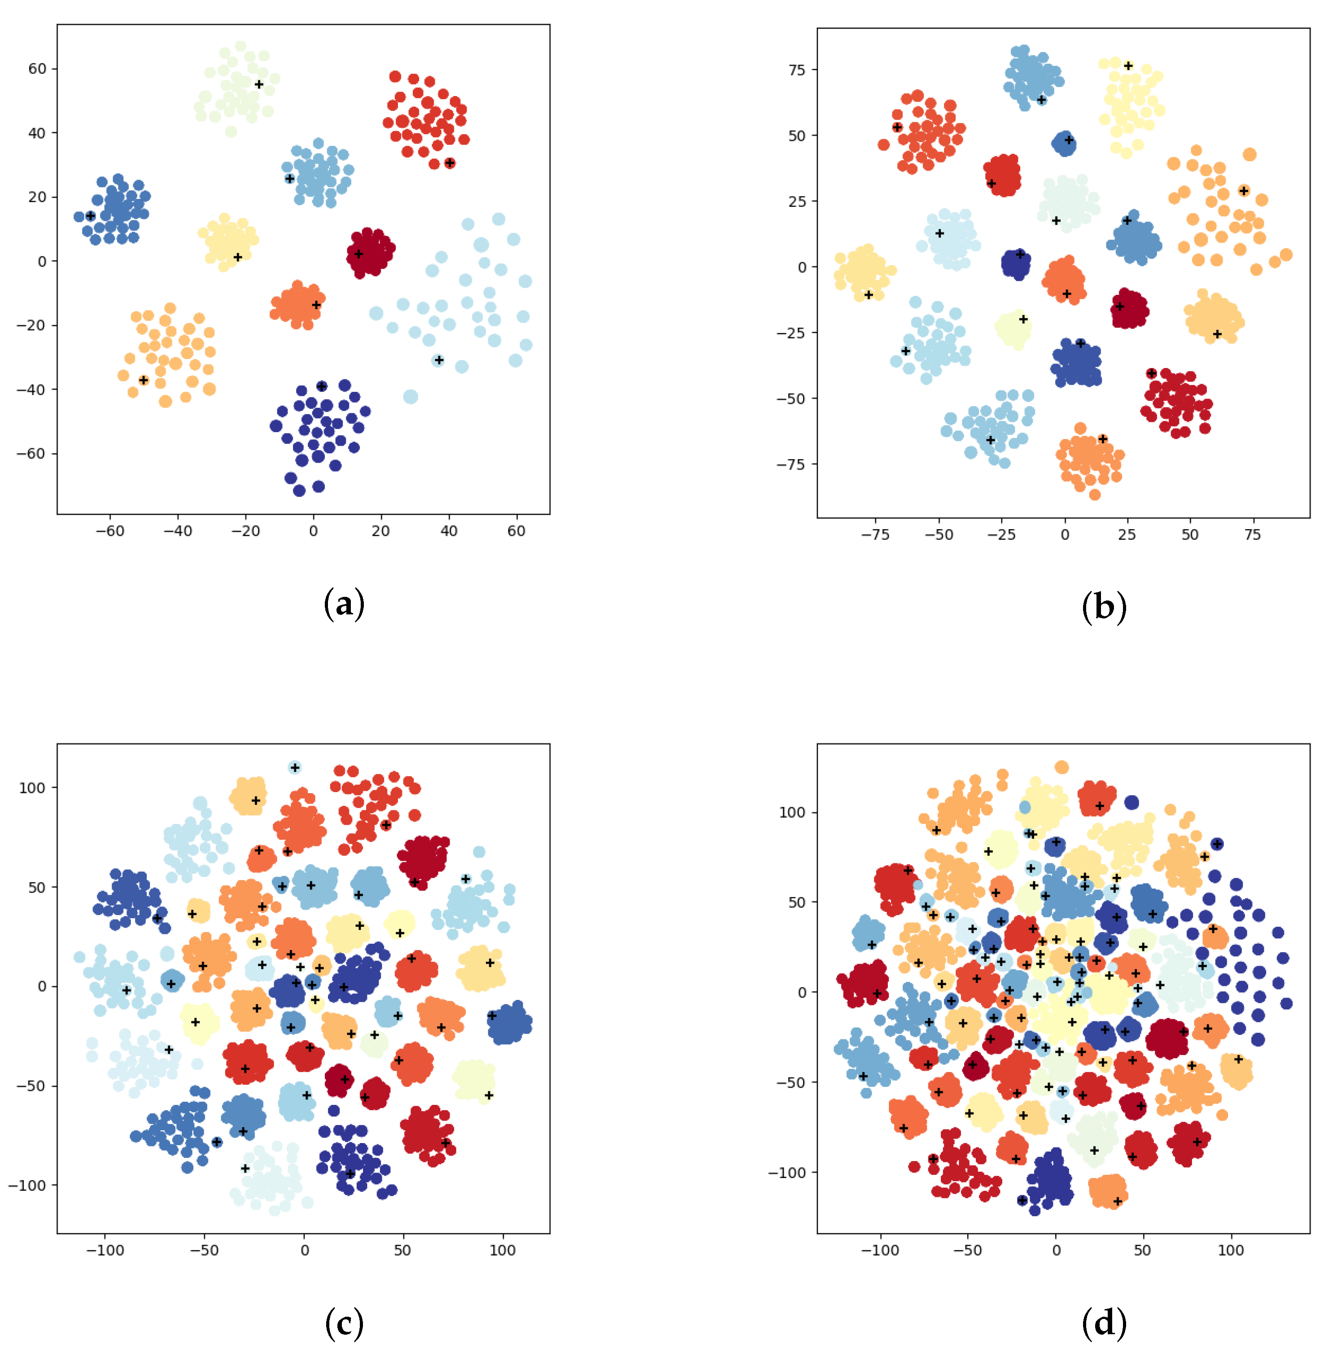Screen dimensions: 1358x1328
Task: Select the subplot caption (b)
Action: tap(1103, 606)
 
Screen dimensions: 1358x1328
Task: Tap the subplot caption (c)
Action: tap(344, 1323)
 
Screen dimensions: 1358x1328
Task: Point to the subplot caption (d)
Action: tap(1103, 1323)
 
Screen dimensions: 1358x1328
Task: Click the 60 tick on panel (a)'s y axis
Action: tap(38, 68)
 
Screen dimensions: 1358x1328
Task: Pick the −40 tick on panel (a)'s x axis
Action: tap(177, 531)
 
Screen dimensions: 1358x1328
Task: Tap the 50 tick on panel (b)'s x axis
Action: tap(1190, 534)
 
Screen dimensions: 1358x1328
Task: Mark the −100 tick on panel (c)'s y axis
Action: tap(28, 1185)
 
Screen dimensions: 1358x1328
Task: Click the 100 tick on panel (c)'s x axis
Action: tap(502, 1250)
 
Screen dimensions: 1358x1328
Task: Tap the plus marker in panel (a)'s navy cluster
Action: tap(322, 386)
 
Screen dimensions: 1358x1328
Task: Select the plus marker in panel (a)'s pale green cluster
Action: tap(259, 84)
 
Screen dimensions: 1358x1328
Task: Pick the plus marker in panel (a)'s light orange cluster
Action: tap(144, 380)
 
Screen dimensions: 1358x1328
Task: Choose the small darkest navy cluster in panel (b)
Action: tap(1016, 264)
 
